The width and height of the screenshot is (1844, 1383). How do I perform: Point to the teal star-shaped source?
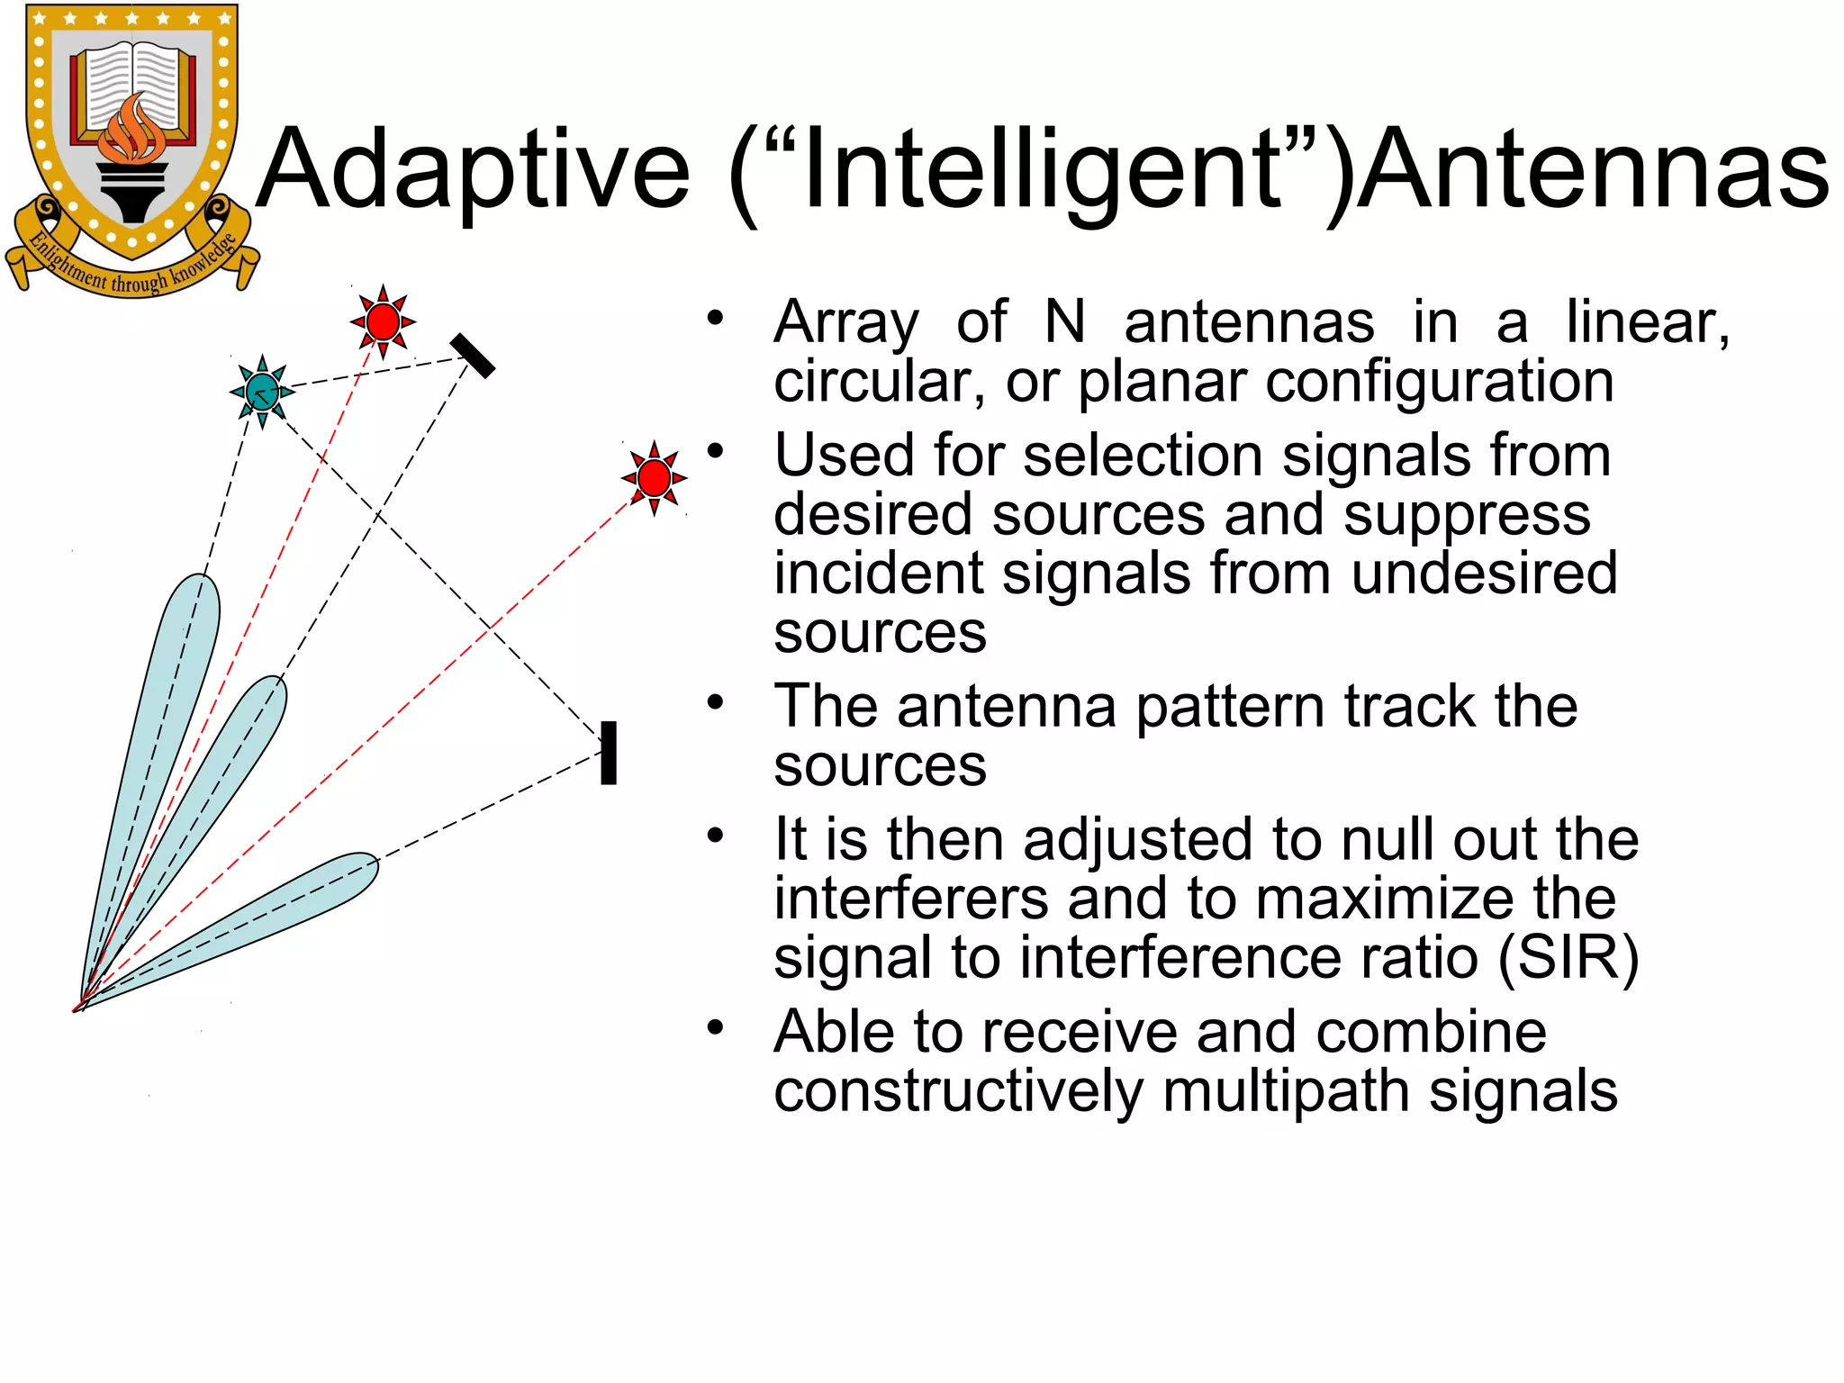click(262, 392)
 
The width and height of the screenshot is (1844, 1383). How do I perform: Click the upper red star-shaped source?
click(384, 321)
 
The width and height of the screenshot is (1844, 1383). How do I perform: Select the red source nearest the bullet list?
click(655, 477)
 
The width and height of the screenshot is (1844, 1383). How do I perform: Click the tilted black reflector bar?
click(473, 356)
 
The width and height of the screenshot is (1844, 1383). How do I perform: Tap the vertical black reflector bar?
click(609, 753)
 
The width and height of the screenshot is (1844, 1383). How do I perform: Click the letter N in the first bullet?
click(1065, 322)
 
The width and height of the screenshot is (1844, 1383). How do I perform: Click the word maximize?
click(1391, 898)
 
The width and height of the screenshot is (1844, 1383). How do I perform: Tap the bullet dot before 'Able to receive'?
click(716, 1027)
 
